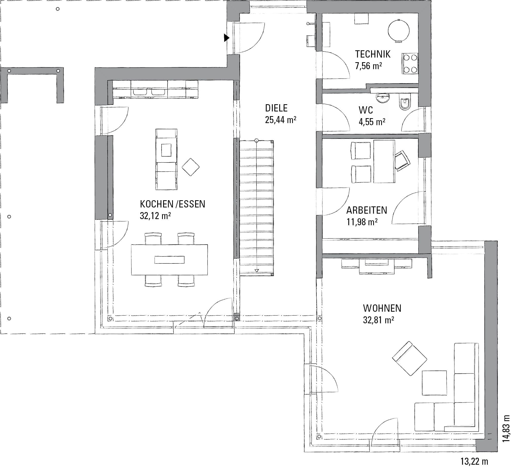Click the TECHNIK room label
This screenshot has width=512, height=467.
pyautogui.click(x=373, y=54)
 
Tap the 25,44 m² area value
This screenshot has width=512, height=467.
pyautogui.click(x=281, y=120)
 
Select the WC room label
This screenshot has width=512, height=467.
pyautogui.click(x=366, y=110)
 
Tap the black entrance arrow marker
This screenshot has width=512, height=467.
pyautogui.click(x=227, y=38)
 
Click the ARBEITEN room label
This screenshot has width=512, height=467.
pyautogui.click(x=366, y=210)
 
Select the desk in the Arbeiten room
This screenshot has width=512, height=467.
pyautogui.click(x=384, y=162)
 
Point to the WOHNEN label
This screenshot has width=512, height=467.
pyautogui.click(x=382, y=308)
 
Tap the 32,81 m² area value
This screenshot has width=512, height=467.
pyautogui.click(x=378, y=320)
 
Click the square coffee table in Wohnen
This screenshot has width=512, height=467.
pyautogui.click(x=434, y=383)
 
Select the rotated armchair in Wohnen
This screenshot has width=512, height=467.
pyautogui.click(x=410, y=358)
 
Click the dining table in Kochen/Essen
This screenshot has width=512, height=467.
pyautogui.click(x=169, y=260)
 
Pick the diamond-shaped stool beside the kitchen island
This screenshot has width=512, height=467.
pyautogui.click(x=190, y=167)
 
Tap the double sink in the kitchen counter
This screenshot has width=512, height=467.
pyautogui.click(x=149, y=92)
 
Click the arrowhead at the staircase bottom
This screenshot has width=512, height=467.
pyautogui.click(x=257, y=271)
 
